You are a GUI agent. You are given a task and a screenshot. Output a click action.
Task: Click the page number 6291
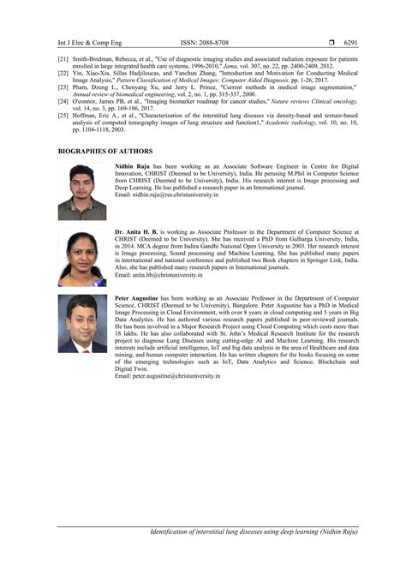coord(349,42)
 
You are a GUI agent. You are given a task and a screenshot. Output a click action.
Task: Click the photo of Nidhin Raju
coord(82,192)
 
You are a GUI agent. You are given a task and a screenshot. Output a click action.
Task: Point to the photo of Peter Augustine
coord(82,324)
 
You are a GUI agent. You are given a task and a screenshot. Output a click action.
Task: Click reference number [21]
coord(63,60)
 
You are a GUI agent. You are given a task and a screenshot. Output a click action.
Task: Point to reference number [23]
coord(63,86)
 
